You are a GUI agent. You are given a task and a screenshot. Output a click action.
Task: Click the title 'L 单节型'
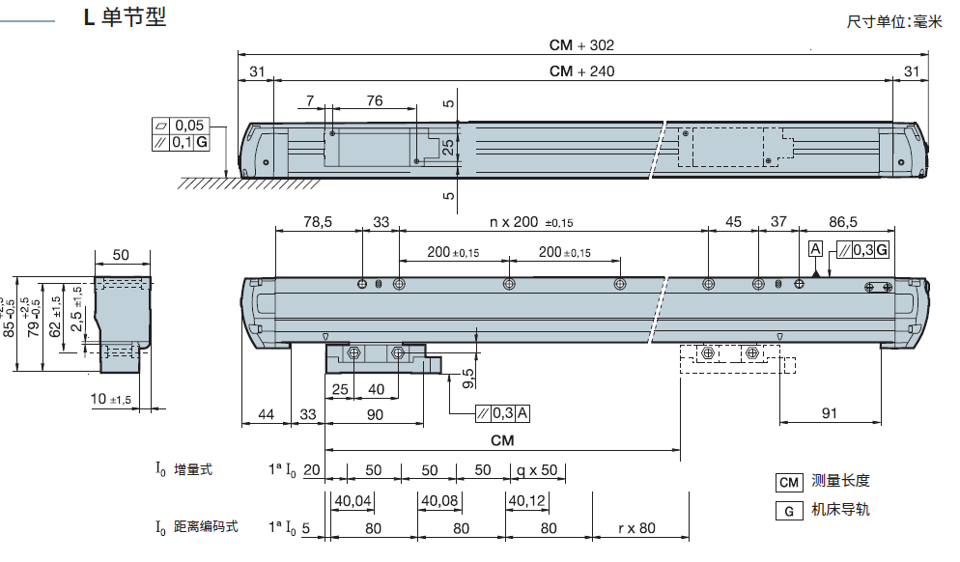125,18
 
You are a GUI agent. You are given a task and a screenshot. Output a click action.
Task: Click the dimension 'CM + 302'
581,45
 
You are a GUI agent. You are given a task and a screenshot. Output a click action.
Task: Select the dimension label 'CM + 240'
581,70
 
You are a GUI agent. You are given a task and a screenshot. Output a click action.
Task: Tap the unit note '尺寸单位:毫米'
893,21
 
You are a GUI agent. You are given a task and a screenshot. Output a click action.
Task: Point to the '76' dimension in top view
374,100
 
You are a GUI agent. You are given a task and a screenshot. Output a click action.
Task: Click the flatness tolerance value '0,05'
189,126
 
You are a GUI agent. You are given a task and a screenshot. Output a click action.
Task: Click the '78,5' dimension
318,222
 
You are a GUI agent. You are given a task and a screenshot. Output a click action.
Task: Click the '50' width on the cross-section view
122,255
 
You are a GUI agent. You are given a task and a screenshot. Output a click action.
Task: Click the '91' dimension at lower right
830,413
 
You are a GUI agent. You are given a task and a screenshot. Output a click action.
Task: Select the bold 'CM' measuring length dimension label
502,440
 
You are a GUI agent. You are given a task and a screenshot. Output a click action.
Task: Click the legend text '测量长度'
840,481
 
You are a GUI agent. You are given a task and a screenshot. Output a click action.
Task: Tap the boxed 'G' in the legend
789,511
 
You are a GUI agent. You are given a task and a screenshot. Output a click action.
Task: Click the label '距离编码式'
206,527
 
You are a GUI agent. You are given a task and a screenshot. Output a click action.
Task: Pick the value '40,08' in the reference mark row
439,501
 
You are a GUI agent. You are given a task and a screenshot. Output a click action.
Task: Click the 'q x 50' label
538,470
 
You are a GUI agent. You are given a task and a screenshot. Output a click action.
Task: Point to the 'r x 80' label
636,528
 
